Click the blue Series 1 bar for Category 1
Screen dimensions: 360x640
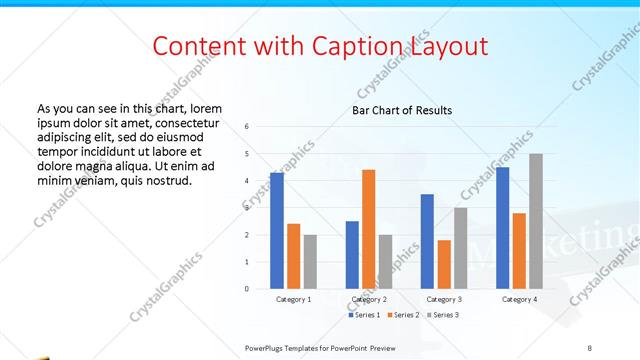click(276, 230)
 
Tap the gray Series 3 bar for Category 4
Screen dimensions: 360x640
click(536, 221)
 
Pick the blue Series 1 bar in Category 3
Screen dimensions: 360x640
click(427, 241)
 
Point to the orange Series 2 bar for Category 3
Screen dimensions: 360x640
click(444, 264)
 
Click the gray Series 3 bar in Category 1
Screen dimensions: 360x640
click(310, 261)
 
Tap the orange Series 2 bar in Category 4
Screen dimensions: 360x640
click(519, 250)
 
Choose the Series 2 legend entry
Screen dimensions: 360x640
click(406, 315)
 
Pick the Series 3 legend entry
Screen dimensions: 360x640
click(444, 315)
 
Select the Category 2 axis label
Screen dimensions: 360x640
click(369, 299)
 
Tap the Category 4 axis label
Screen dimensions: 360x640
click(519, 299)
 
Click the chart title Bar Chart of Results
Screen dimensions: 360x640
click(402, 110)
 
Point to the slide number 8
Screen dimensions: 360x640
click(590, 347)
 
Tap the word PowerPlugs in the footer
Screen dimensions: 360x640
click(267, 347)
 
